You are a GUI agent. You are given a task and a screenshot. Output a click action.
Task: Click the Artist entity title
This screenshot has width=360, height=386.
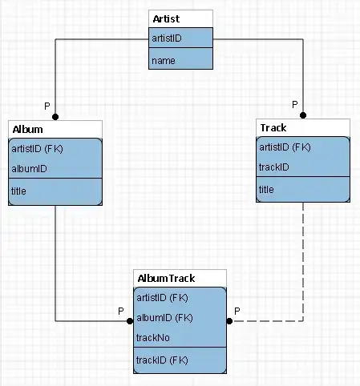point(167,18)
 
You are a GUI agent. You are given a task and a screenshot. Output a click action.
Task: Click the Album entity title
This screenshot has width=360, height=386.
point(28,128)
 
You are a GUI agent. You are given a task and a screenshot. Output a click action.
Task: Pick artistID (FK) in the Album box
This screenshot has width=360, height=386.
point(38,148)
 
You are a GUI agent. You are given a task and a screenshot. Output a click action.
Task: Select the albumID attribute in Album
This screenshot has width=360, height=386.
point(30,168)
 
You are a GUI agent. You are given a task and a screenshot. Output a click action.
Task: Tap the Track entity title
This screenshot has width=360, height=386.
point(273,127)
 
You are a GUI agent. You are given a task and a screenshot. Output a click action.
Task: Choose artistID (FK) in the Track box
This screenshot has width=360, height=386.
point(285,147)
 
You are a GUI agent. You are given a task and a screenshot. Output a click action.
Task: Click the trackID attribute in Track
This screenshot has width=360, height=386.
point(274,167)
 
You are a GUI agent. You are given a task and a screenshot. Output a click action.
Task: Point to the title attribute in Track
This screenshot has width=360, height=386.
point(267,189)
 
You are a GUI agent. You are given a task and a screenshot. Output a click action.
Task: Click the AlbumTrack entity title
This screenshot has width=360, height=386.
point(167,279)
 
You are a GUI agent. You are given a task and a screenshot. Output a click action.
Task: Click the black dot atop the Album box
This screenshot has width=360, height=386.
point(55,117)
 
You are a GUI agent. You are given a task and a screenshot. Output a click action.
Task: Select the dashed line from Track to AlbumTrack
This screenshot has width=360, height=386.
point(303,264)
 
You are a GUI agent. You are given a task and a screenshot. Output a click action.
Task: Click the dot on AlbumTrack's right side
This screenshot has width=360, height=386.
point(229,321)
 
